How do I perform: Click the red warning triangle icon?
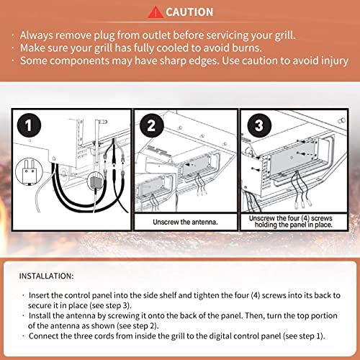pos(156,12)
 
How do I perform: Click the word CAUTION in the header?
pos(189,12)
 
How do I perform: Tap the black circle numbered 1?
pos(29,125)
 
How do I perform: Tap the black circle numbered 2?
pos(152,125)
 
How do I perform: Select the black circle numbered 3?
pos(259,125)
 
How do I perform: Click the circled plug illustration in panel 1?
pos(29,171)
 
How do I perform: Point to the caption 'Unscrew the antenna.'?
pos(185,222)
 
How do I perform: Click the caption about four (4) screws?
pos(291,222)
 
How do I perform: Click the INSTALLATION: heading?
pos(46,276)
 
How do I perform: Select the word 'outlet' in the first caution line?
pos(156,35)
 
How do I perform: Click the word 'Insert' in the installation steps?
pos(39,295)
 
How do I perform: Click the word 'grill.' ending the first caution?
pos(285,36)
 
